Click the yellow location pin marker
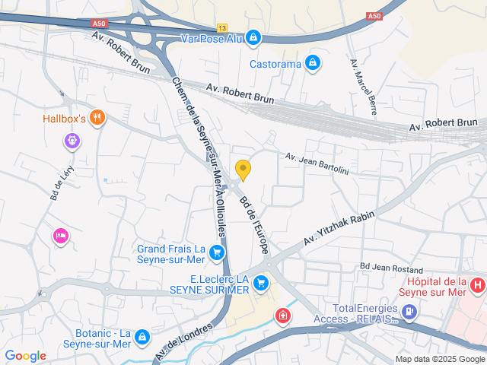point(243,169)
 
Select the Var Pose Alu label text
point(211,37)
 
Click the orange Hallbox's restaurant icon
point(97,117)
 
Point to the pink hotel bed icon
point(60,236)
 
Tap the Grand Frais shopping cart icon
point(218,252)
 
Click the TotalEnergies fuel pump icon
point(409,310)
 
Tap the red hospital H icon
point(477,286)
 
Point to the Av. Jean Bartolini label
point(317,163)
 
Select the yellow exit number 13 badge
point(221,27)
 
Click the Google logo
point(25,355)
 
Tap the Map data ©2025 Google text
point(439,359)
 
